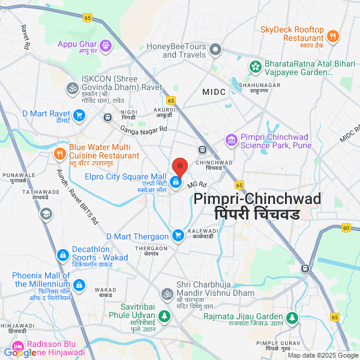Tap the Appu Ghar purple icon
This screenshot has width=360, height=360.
point(106,44)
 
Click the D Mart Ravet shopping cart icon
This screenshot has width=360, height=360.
point(79,115)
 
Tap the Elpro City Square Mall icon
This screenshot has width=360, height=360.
point(176,182)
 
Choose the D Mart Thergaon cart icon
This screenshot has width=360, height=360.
point(178,236)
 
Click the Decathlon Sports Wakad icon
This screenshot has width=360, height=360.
point(62,256)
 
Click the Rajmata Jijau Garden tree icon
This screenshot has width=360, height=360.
point(292,316)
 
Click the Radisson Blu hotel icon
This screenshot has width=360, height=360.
point(18,347)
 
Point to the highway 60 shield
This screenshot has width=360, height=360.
point(346,227)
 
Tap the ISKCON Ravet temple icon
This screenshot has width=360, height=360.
point(72,88)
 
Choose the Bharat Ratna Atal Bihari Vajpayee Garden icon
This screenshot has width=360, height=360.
point(256,65)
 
